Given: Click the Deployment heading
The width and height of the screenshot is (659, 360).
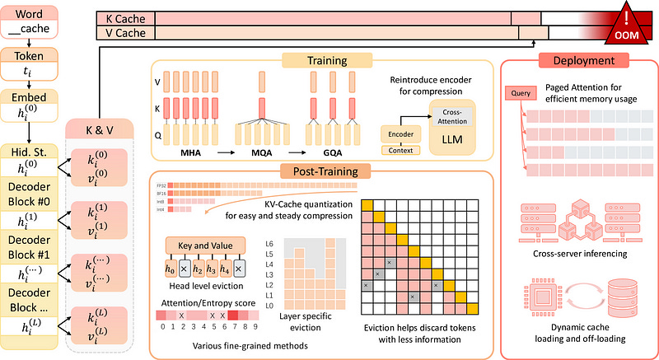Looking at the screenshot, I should click(573, 60).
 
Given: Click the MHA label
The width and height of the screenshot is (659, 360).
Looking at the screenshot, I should click(191, 153).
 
